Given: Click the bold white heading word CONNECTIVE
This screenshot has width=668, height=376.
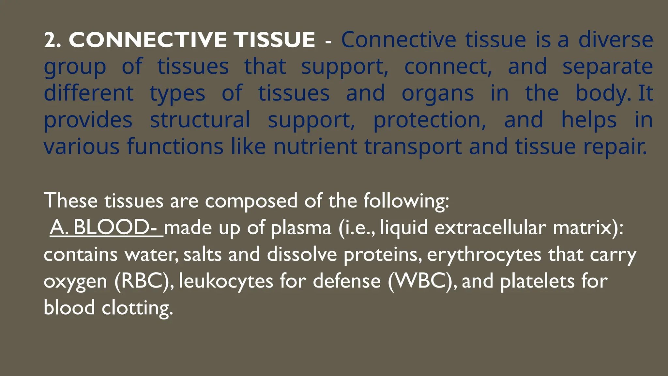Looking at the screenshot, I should click(148, 40).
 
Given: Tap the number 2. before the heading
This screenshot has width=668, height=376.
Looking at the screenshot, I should click(52, 40).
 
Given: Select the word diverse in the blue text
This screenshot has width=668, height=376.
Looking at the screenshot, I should click(615, 40).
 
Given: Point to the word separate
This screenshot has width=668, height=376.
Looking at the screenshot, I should click(608, 67).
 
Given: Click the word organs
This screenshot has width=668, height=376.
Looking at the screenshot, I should click(437, 93).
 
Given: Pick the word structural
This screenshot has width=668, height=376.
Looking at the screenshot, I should click(200, 120).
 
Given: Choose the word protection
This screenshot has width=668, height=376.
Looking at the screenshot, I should click(430, 120).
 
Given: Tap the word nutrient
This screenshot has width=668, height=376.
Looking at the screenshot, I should click(315, 147).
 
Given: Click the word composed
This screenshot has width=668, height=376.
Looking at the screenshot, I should click(251, 200).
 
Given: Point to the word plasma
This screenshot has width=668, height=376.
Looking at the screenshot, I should click(301, 227).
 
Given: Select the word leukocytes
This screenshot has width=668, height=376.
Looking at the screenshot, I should click(226, 281).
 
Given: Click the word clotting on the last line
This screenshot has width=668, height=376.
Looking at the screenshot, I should click(137, 308).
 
